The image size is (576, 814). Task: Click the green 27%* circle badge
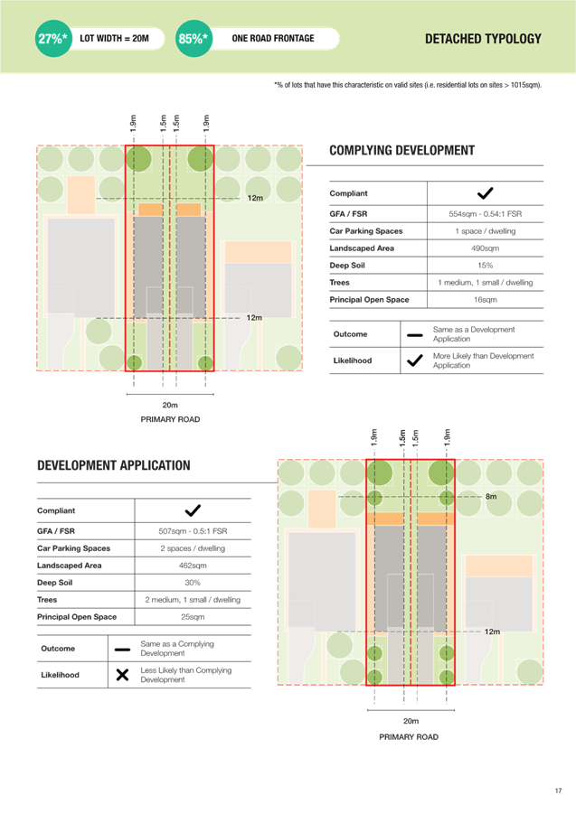[53, 39]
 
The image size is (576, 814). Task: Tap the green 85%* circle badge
[194, 39]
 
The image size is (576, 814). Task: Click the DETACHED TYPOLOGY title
[483, 39]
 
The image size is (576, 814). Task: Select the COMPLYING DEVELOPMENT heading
[402, 151]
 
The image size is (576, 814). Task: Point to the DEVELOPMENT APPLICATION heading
[114, 465]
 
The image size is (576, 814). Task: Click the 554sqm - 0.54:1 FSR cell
[485, 214]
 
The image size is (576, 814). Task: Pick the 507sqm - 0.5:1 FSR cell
[193, 531]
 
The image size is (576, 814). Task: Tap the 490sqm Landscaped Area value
[485, 248]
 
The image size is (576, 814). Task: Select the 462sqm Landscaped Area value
[193, 566]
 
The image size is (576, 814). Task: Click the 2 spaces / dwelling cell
[193, 548]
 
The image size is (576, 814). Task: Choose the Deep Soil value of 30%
[193, 583]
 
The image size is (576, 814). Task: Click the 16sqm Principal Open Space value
[485, 300]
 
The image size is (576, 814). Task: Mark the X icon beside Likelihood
[123, 675]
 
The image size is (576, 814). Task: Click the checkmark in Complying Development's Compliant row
[485, 193]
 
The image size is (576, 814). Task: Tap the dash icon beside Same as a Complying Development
[123, 650]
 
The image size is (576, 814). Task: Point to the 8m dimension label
[491, 497]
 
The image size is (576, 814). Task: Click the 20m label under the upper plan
[170, 405]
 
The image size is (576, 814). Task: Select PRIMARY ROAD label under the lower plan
[409, 736]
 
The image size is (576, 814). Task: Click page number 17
[558, 791]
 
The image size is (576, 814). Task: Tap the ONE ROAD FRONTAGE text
[273, 39]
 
